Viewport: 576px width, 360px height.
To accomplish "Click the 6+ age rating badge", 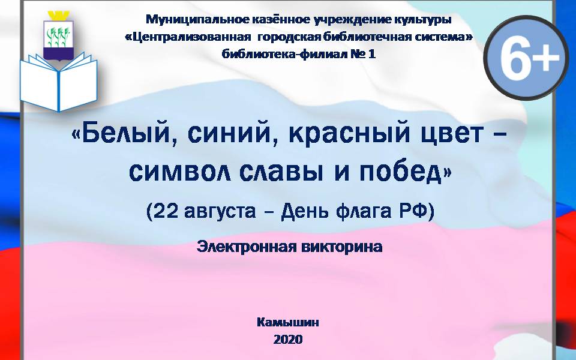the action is (x=526, y=58).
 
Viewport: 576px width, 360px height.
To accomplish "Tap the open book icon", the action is (x=58, y=82).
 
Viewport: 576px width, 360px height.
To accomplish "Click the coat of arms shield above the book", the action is (x=58, y=40).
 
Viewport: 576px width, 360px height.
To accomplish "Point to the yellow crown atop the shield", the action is (x=59, y=16).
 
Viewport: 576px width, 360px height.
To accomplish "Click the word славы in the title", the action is (x=281, y=172).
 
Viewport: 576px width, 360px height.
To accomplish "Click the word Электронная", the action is (x=246, y=247).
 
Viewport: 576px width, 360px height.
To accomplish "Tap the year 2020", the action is (x=288, y=339).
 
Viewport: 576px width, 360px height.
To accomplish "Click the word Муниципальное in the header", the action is (x=197, y=19).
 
